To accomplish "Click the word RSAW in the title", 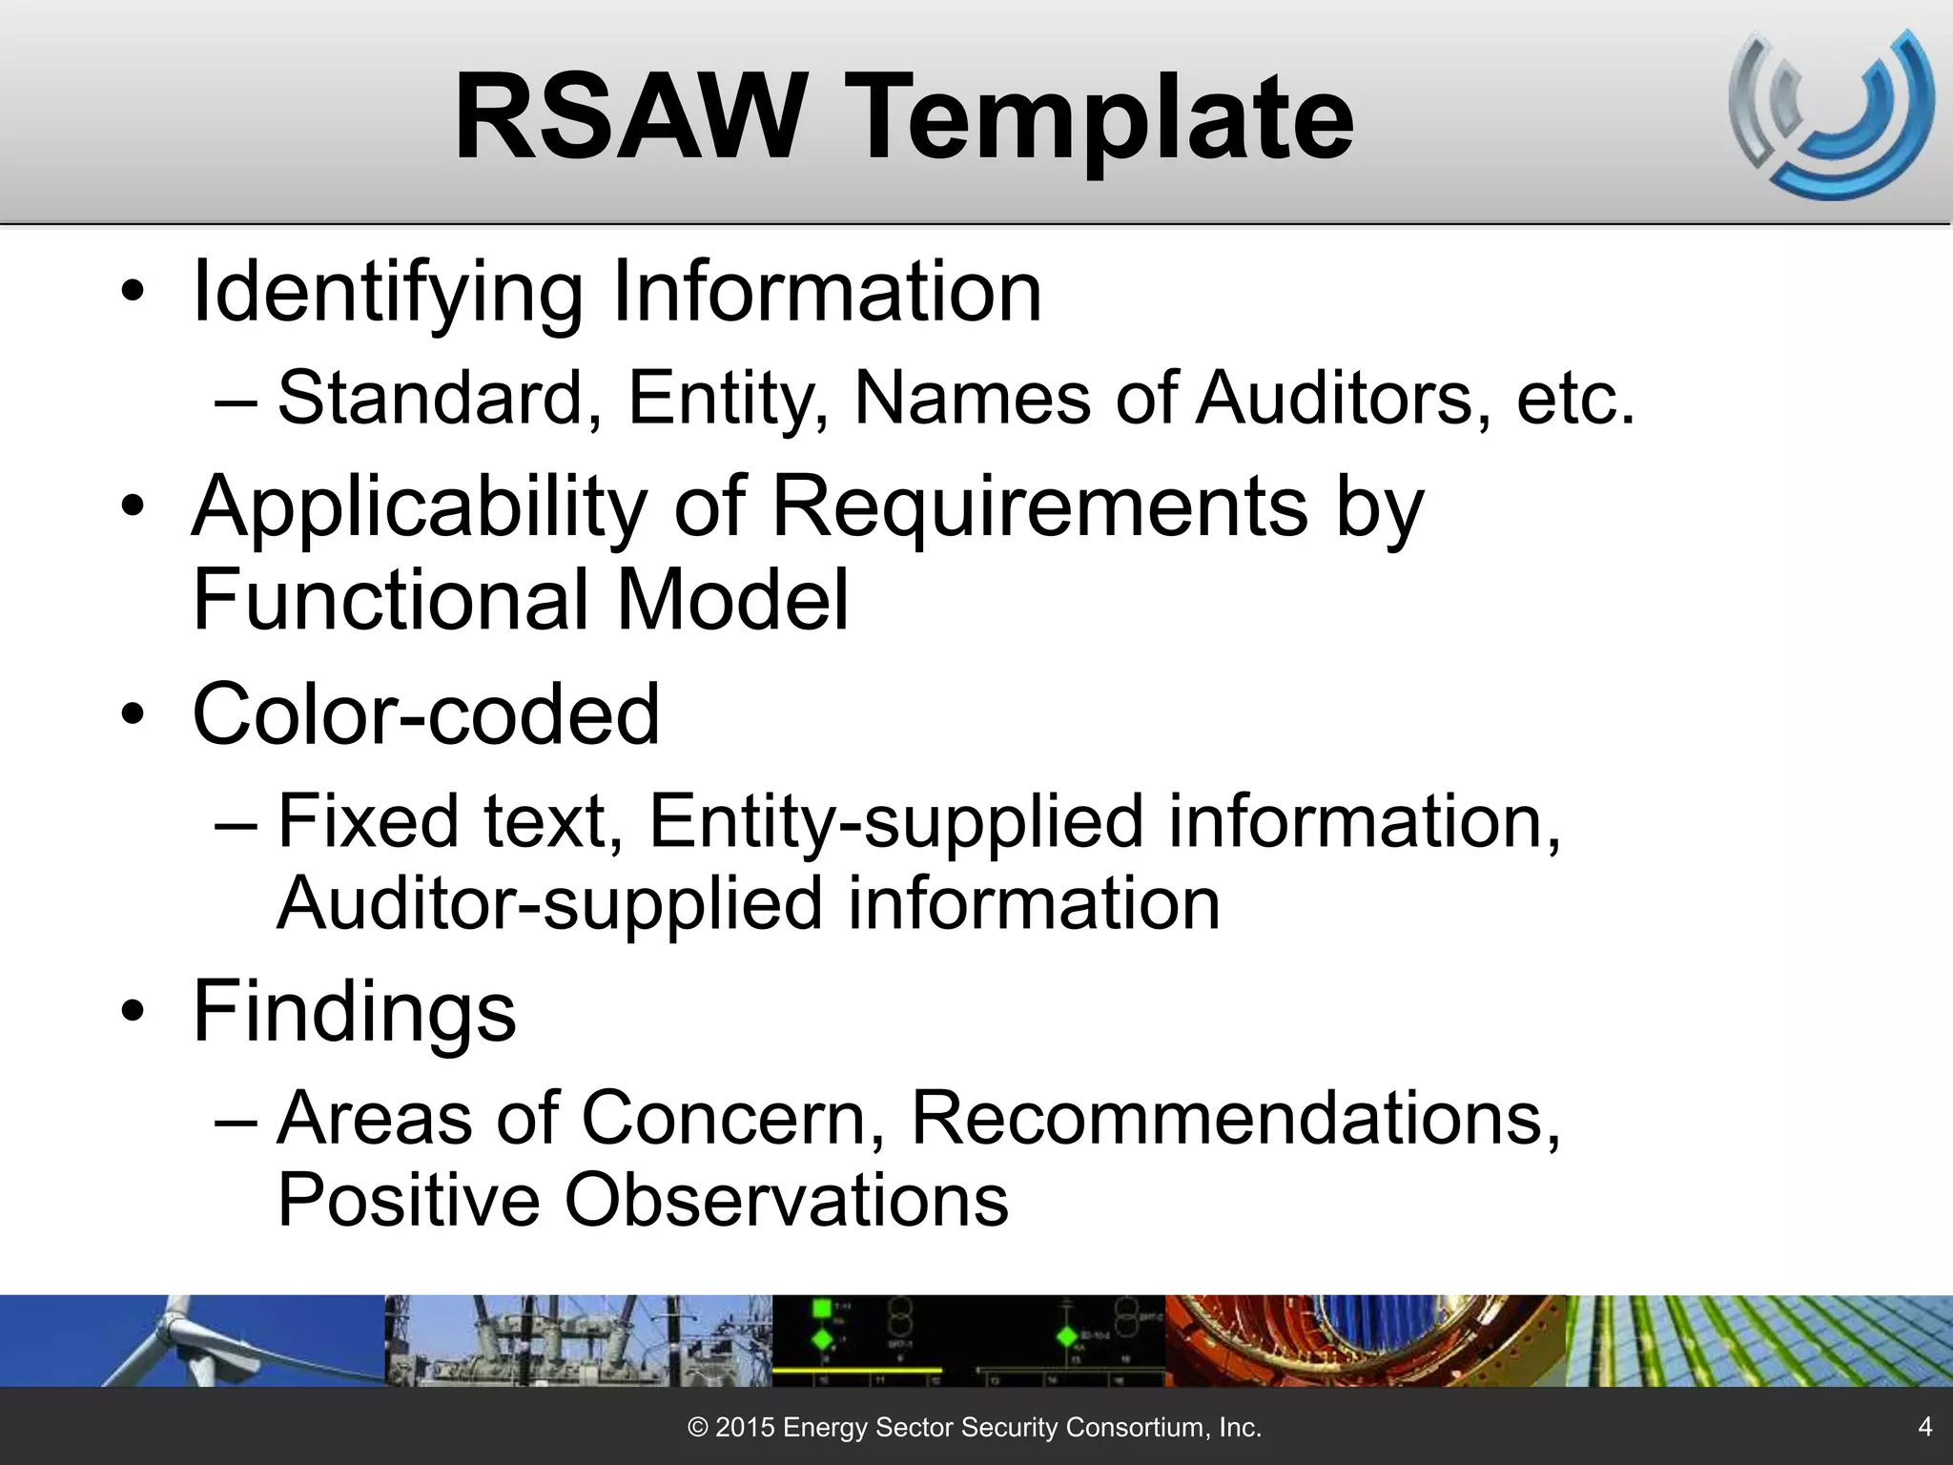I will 630,118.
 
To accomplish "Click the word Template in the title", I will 1106,122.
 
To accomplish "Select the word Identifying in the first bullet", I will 387,295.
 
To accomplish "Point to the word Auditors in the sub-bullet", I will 1335,397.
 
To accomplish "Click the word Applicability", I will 420,507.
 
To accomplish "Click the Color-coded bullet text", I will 425,714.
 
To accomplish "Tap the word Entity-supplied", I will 895,822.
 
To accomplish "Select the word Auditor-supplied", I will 548,904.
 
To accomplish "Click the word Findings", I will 354,1011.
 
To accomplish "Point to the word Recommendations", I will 1236,1118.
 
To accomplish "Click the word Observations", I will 786,1200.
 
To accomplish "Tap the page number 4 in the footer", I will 1924,1426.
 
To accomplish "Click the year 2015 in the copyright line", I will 745,1428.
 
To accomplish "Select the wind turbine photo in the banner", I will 191,1340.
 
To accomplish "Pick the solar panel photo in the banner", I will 1759,1340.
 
